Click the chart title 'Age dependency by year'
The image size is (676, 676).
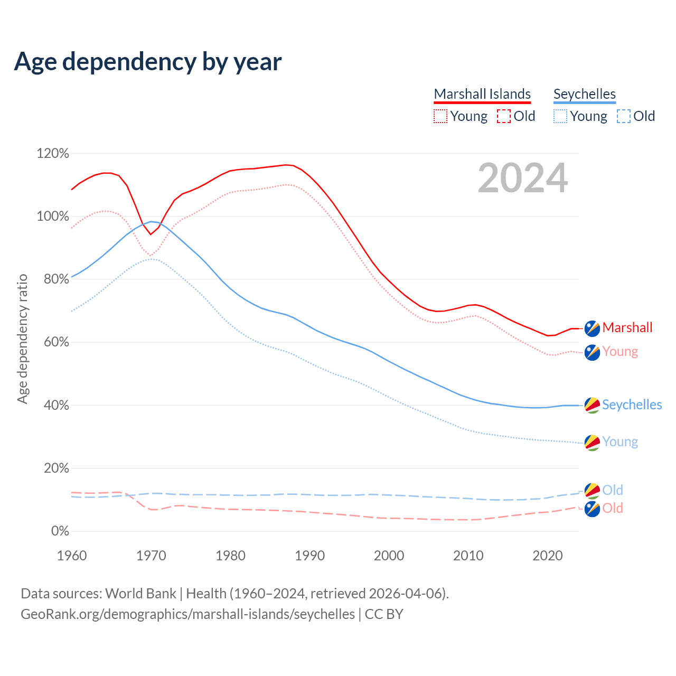[x=148, y=62]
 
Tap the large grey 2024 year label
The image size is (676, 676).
[x=523, y=178]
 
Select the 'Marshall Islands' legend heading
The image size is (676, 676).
[x=482, y=94]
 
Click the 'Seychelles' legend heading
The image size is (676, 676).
[x=585, y=94]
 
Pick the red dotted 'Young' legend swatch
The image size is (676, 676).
[x=440, y=116]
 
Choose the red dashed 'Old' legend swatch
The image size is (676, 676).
[x=504, y=116]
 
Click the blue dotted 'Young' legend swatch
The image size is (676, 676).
[x=560, y=116]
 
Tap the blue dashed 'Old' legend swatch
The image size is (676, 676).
[x=624, y=116]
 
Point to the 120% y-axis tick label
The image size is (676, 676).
[x=53, y=154]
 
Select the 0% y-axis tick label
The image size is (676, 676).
[x=60, y=531]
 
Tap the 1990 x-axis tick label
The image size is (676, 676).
[x=310, y=556]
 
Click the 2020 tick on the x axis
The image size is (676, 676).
[x=548, y=556]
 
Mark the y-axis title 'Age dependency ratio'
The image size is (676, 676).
[x=22, y=339]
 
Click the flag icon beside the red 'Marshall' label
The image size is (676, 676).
[x=592, y=328]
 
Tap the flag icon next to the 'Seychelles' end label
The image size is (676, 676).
[x=592, y=405]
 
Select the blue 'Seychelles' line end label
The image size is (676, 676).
[x=632, y=405]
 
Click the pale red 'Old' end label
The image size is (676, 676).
[x=613, y=509]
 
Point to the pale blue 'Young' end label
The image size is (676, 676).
[x=620, y=442]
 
